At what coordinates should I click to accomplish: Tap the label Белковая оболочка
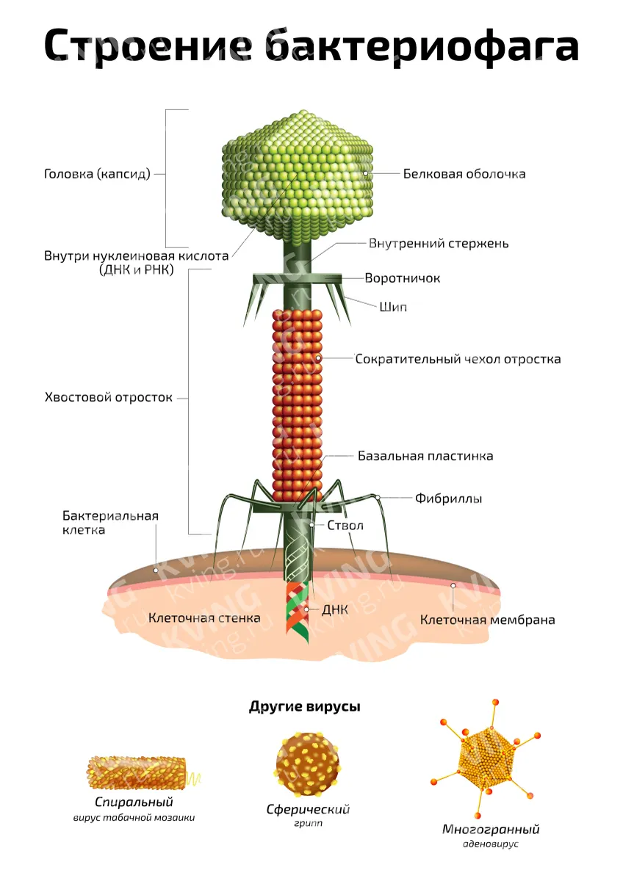[x=464, y=174]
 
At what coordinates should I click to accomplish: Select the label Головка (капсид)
[x=97, y=174]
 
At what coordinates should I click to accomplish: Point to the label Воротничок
[x=402, y=278]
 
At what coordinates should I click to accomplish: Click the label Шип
[x=393, y=307]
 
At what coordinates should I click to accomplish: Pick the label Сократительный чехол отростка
[x=458, y=359]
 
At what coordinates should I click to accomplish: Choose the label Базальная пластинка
[x=425, y=456]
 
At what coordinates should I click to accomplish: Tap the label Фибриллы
[x=449, y=498]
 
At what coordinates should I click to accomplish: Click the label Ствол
[x=345, y=526]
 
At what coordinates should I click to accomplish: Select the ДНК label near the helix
[x=335, y=609]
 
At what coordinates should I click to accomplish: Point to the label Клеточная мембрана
[x=488, y=620]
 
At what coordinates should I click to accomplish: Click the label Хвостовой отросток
[x=109, y=397]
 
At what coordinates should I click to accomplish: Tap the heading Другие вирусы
[x=305, y=707]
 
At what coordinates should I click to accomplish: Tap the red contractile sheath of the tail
[x=297, y=405]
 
